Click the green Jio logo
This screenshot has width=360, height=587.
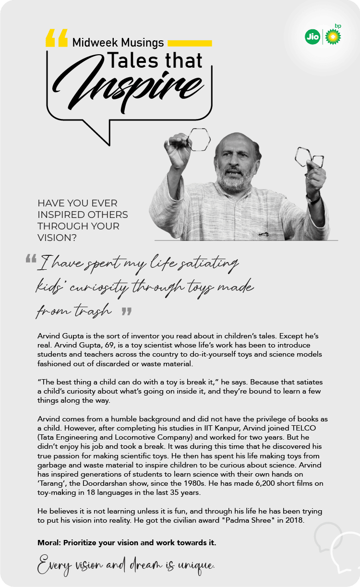312,37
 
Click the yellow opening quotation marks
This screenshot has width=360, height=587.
57,38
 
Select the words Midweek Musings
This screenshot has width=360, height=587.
118,43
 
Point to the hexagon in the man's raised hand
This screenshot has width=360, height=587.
198,140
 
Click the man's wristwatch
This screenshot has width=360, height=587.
314,197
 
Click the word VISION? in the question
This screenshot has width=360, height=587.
57,238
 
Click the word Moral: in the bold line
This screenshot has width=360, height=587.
50,543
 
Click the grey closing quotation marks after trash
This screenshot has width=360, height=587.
126,312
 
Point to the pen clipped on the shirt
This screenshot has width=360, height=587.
263,235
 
